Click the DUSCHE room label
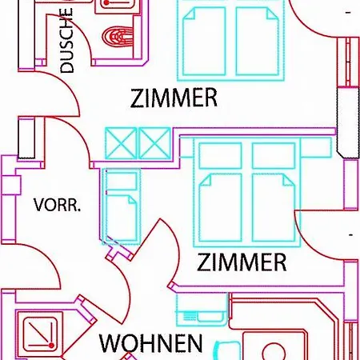click(x=66, y=41)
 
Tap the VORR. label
click(x=57, y=205)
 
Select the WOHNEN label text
click(x=150, y=343)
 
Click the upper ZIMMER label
click(x=174, y=98)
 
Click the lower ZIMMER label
click(x=242, y=262)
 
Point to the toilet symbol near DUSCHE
click(x=118, y=36)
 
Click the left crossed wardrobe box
click(x=121, y=143)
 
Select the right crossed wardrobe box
click(x=155, y=143)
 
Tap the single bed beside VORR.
click(x=122, y=206)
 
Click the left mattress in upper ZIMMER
click(x=204, y=42)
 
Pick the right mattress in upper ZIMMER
click(x=258, y=42)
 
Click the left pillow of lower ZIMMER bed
click(x=221, y=156)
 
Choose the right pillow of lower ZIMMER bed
click(x=274, y=156)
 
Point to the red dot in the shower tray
click(x=51, y=346)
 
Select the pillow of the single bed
click(x=122, y=181)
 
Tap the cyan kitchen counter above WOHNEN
click(x=202, y=310)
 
